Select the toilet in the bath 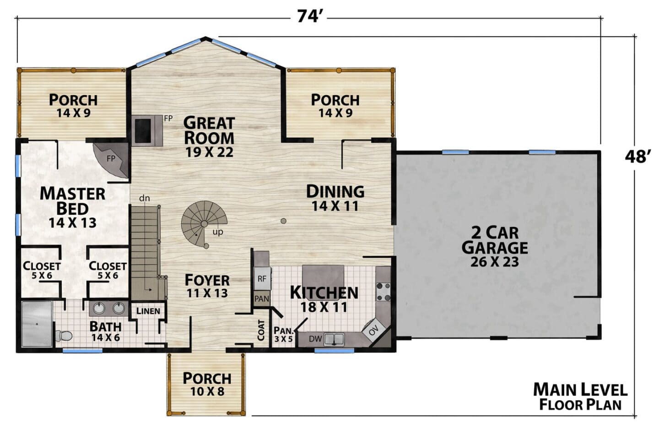pyautogui.click(x=64, y=336)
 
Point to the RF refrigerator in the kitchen pyautogui.click(x=262, y=278)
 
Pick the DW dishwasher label pyautogui.click(x=315, y=339)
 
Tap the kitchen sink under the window pyautogui.click(x=334, y=339)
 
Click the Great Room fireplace pyautogui.click(x=147, y=130)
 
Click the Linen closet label pyautogui.click(x=149, y=311)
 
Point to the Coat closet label pyautogui.click(x=261, y=330)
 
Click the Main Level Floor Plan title pyautogui.click(x=580, y=396)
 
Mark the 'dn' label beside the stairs pyautogui.click(x=145, y=198)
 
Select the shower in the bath pyautogui.click(x=38, y=324)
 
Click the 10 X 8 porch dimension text pyautogui.click(x=207, y=391)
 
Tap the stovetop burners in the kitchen pyautogui.click(x=384, y=292)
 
